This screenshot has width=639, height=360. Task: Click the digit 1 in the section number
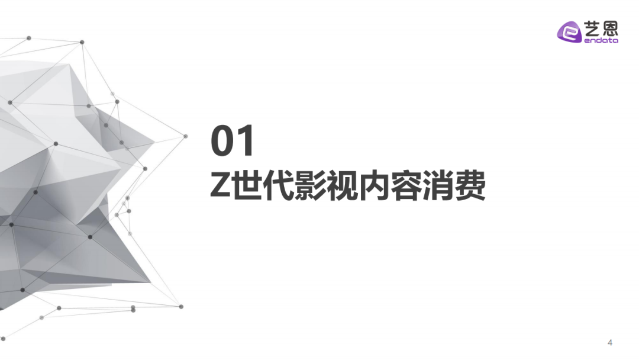246,141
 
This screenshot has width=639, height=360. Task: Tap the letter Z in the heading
221,185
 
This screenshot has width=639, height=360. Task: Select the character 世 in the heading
247,185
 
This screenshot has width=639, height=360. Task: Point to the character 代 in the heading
279,185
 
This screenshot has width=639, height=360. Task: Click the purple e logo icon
569,32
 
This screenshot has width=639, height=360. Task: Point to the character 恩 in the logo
610,28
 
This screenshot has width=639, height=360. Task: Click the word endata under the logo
601,40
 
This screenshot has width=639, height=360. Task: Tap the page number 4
609,342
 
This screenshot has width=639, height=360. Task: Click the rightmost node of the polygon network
185,136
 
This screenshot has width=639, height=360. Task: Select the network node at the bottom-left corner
4,339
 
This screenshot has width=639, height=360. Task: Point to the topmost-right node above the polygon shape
82,42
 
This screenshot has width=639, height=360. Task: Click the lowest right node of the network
182,307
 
